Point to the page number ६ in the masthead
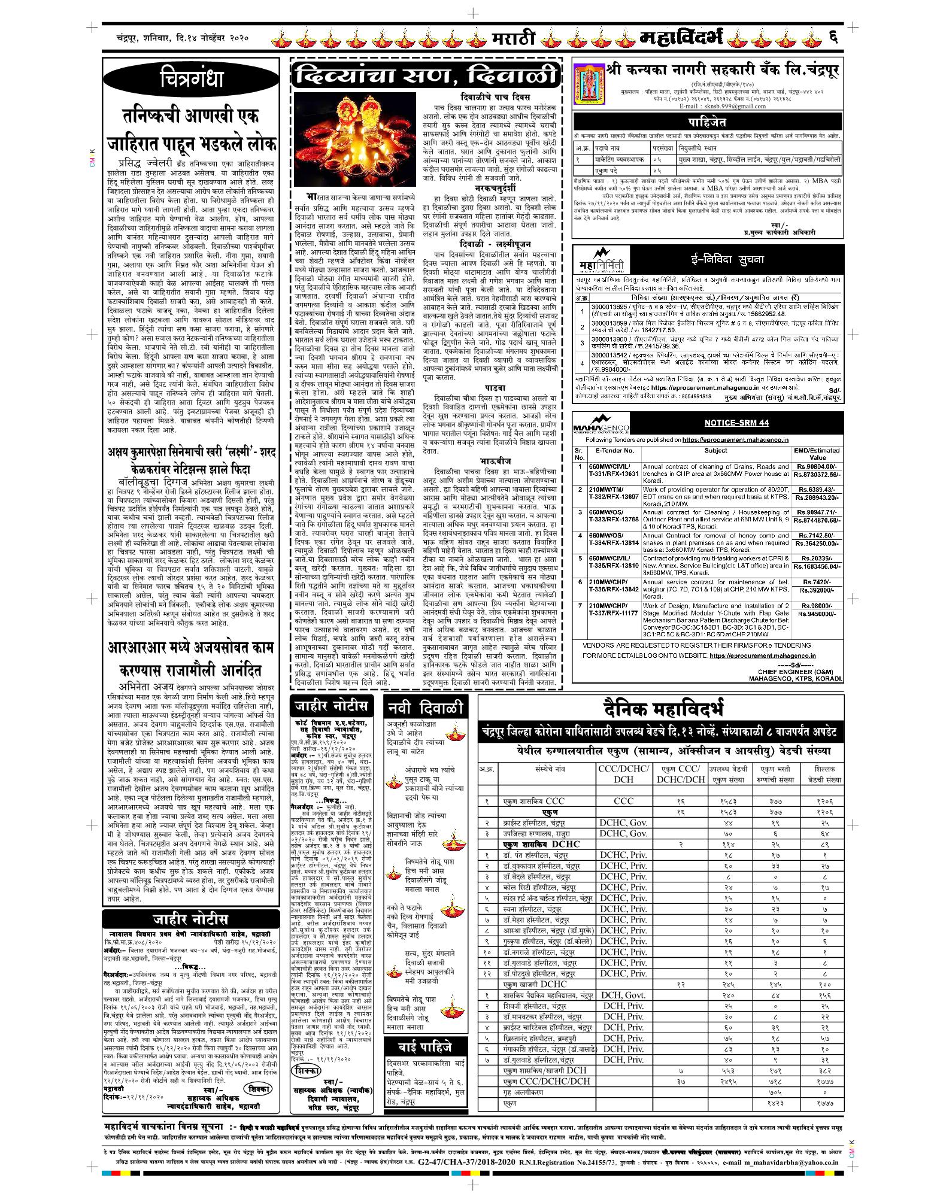[832, 40]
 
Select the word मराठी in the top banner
[512, 41]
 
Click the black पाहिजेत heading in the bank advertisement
[707, 121]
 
